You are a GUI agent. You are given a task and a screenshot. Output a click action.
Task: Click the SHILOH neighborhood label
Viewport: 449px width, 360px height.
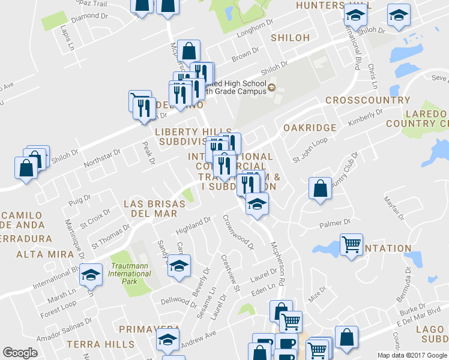tap(290, 38)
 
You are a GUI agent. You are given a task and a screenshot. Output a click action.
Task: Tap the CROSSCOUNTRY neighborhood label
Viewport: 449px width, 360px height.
tap(367, 100)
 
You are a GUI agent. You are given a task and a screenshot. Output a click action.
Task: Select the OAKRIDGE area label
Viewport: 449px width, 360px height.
tap(309, 128)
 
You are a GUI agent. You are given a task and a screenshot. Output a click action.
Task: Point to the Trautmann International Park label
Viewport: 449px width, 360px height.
tap(130, 270)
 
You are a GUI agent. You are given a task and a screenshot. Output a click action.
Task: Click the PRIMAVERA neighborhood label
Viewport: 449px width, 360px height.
tap(149, 329)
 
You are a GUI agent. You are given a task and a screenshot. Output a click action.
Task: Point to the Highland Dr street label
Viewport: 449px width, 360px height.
tap(193, 226)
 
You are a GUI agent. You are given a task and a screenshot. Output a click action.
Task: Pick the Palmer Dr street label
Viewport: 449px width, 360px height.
tap(334, 224)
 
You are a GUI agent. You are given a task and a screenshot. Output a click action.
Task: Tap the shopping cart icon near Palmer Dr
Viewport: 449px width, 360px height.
tap(351, 244)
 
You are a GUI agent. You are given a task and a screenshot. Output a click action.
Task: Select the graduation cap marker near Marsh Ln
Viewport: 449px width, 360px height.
tap(91, 274)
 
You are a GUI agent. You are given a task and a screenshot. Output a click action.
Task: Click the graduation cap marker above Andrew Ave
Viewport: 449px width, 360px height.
tap(168, 339)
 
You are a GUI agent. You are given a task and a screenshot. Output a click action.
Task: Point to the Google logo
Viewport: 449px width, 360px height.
tap(20, 353)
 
